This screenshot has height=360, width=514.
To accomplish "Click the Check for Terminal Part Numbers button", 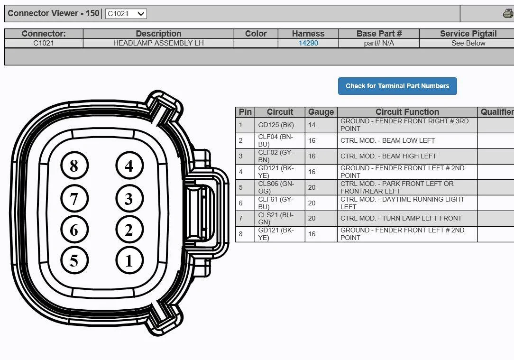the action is click(x=397, y=86).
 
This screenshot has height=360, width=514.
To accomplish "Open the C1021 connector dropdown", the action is click(x=126, y=14).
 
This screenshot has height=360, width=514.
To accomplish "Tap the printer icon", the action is click(x=508, y=13).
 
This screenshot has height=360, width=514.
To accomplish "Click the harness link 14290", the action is click(x=308, y=43).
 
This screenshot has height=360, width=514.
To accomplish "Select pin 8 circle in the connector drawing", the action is click(x=74, y=166).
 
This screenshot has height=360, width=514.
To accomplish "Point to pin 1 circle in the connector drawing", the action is click(x=129, y=260).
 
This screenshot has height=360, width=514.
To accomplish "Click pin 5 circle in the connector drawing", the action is click(x=74, y=260).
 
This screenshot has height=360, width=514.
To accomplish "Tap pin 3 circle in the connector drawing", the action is click(x=129, y=198).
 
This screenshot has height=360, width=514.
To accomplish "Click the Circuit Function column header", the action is click(x=407, y=112).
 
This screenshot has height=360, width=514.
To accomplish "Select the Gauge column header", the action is click(x=321, y=112).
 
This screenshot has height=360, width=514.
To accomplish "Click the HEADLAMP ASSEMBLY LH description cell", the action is click(x=158, y=43).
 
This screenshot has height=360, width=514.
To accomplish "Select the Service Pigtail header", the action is click(x=468, y=34).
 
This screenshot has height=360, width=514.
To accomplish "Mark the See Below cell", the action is click(x=468, y=43).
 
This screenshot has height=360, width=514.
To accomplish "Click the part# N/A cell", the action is click(x=379, y=43).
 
